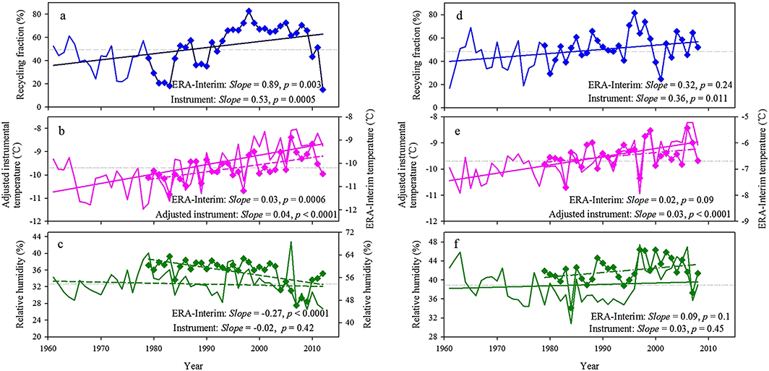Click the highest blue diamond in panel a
coord(249,11)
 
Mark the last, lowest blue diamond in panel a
coord(322,90)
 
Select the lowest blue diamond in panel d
coord(661,79)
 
